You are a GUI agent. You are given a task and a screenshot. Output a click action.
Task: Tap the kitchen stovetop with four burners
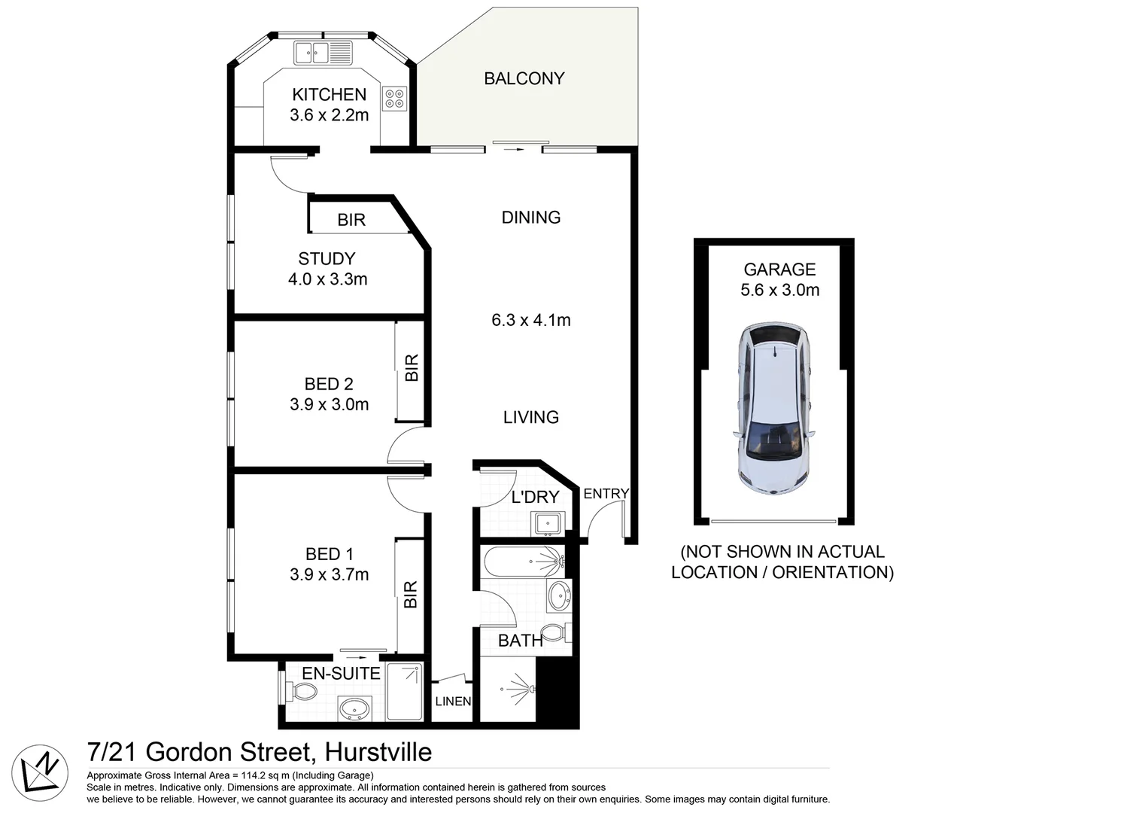(394, 99)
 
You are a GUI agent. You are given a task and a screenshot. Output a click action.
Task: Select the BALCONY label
(524, 78)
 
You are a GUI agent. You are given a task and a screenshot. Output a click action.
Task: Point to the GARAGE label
(779, 269)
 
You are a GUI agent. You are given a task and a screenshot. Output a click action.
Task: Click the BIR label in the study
(351, 220)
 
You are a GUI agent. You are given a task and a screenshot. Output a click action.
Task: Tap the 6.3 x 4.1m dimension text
(530, 320)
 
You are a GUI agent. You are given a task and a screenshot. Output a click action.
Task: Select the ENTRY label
(606, 494)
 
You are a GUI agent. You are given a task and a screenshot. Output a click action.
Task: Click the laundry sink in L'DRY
(547, 522)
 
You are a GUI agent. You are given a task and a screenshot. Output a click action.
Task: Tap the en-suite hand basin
(354, 708)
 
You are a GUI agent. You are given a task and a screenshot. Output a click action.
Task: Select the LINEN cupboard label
(453, 702)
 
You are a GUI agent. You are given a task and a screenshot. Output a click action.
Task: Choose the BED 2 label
(329, 384)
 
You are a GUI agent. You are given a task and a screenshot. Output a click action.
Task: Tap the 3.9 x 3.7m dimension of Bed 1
(329, 575)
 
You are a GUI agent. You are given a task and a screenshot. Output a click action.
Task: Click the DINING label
(530, 218)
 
